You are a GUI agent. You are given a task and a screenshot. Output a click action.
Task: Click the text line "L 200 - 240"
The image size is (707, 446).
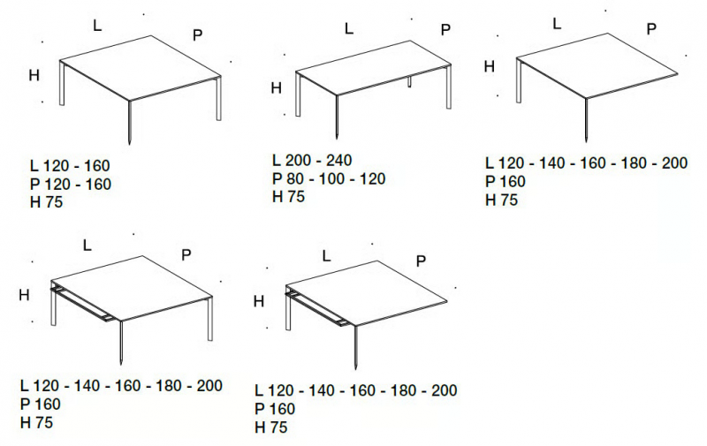tap(312, 160)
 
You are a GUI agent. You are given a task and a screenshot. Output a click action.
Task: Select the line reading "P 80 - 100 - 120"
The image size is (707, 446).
tap(329, 179)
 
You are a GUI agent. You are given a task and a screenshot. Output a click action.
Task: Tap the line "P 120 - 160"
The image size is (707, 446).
tap(71, 185)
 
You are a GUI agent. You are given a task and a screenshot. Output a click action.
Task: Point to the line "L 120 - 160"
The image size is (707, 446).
tap(70, 166)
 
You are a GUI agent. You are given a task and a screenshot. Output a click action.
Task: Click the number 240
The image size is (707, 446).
tap(338, 160)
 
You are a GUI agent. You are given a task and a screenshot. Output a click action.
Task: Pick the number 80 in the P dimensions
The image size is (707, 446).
tap(294, 179)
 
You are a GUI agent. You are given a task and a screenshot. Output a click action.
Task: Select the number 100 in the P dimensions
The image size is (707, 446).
tap(331, 179)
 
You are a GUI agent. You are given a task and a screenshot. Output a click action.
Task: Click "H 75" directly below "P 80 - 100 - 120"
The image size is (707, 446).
tap(289, 197)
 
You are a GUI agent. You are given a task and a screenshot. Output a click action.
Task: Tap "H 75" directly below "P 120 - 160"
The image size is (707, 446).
tap(47, 202)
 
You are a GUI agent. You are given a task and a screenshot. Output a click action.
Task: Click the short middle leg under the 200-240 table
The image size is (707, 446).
tap(410, 81)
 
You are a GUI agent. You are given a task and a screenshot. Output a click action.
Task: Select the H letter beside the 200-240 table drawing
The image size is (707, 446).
tap(276, 87)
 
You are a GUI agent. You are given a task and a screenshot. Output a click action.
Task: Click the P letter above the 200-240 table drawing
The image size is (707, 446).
tap(445, 30)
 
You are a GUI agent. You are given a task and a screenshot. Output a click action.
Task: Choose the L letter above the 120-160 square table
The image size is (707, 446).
tap(97, 26)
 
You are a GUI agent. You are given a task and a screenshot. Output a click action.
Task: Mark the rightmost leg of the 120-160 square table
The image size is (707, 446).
tap(218, 98)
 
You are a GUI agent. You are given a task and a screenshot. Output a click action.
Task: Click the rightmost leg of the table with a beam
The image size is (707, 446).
tap(210, 319)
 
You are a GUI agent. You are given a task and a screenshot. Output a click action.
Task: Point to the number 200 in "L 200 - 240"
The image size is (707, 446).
tap(299, 160)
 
